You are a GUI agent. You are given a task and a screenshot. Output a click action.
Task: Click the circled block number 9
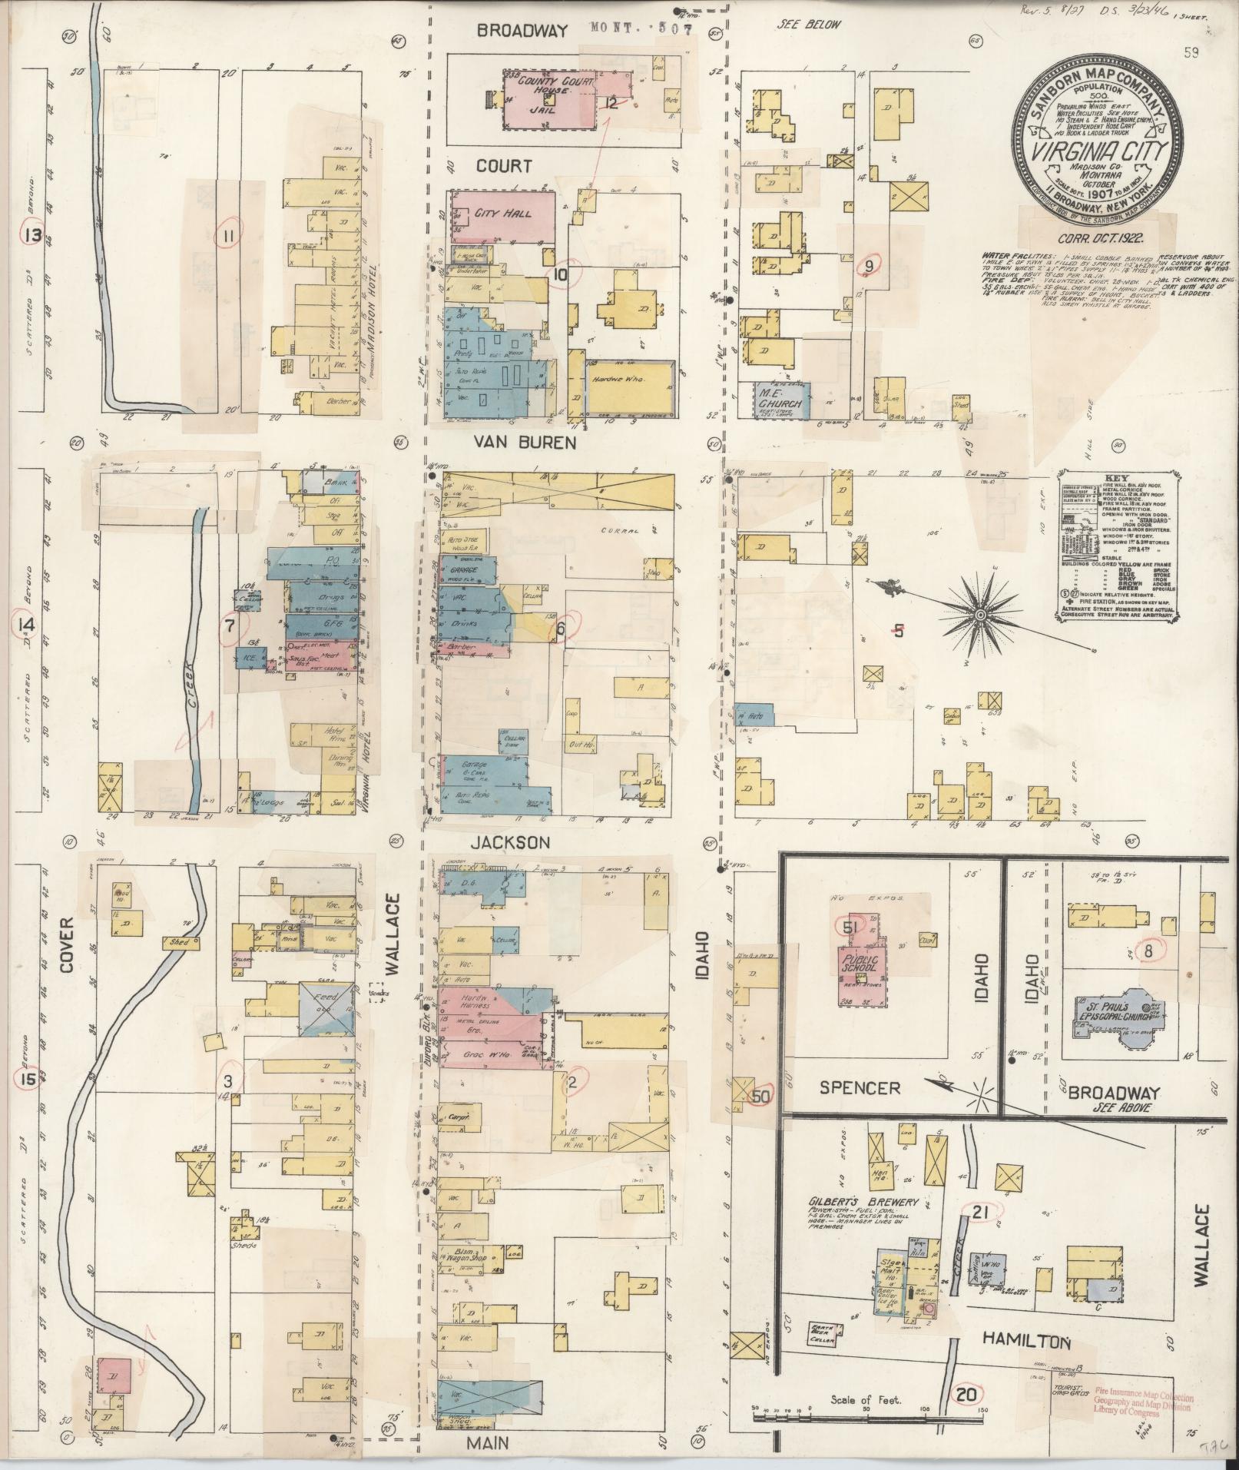pyautogui.click(x=870, y=266)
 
